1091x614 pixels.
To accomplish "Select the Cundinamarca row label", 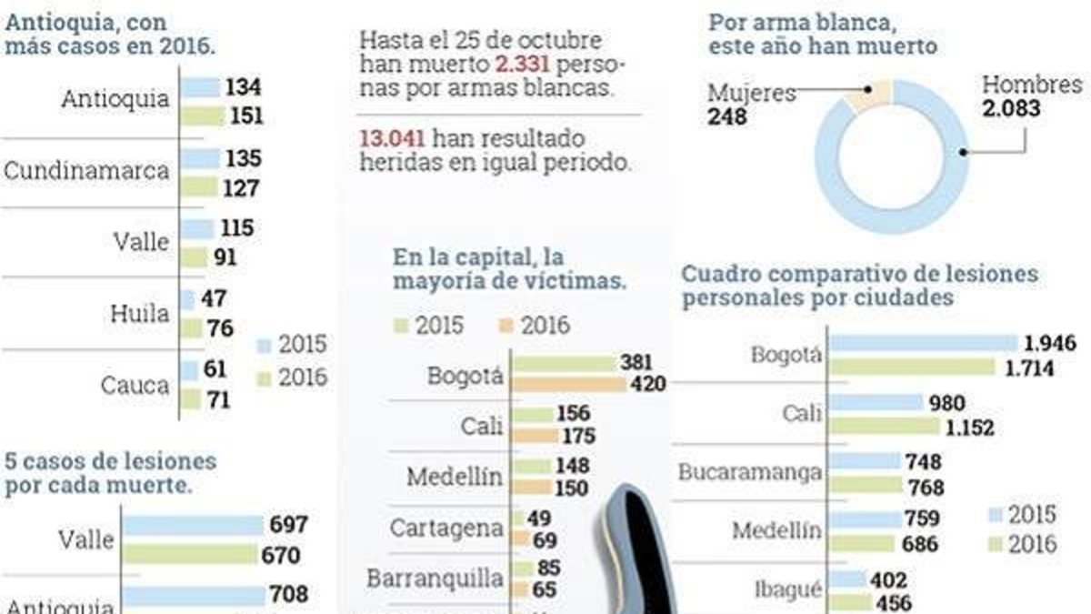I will [x=87, y=170].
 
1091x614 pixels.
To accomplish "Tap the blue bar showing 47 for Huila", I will [x=188, y=299].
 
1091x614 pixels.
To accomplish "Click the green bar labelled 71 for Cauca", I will [x=190, y=398].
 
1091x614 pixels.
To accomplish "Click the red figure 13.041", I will [x=392, y=138].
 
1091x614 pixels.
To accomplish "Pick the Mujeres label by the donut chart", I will [x=751, y=93].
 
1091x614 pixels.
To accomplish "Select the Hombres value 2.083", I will [x=1010, y=110].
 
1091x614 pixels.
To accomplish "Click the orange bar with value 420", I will [x=570, y=385].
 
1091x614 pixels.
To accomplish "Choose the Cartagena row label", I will [x=446, y=528].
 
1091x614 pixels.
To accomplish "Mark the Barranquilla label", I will [x=435, y=578].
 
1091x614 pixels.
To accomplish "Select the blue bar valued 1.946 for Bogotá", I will [x=924, y=343].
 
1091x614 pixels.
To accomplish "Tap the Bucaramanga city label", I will [x=750, y=473].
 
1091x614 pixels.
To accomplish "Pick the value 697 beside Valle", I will [x=288, y=525].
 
